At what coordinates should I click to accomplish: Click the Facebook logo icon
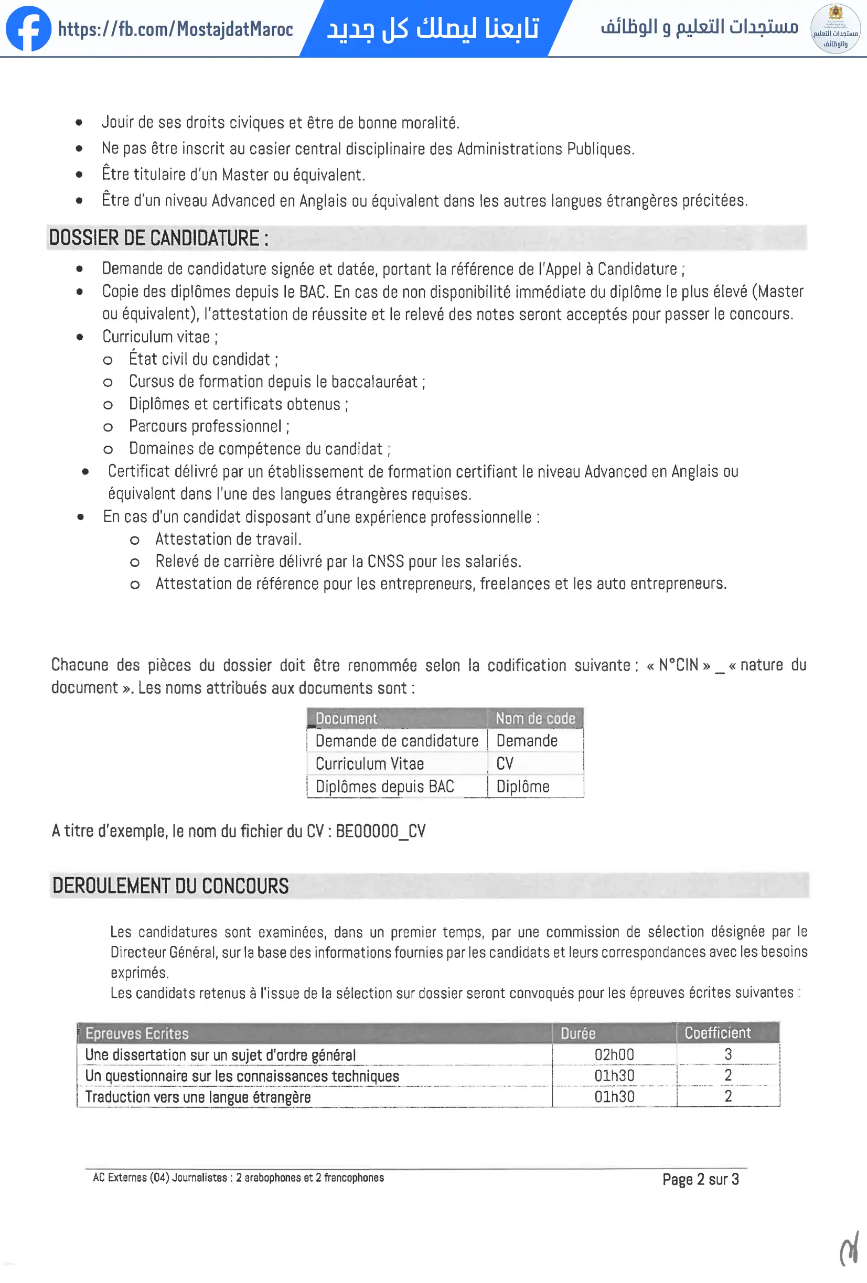pos(28,29)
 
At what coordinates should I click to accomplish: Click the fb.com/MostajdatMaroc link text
pos(175,29)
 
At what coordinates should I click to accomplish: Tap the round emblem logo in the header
pos(835,29)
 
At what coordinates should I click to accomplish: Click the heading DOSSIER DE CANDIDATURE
pos(158,238)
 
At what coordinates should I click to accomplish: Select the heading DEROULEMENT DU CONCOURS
pos(170,886)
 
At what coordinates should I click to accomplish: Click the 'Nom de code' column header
pos(534,718)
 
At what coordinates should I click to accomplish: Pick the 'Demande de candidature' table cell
pos(397,741)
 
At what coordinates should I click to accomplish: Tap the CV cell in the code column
pos(505,763)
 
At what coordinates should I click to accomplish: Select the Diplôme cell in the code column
pos(522,786)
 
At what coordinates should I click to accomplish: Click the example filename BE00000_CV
pos(380,831)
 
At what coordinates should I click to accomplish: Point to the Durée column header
pos(577,1033)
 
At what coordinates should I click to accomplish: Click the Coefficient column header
pos(718,1033)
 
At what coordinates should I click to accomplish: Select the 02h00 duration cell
pos(614,1054)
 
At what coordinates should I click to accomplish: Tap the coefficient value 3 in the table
pos(728,1054)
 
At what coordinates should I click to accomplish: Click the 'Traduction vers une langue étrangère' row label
pos(198,1097)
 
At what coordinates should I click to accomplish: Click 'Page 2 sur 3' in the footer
pos(700,1179)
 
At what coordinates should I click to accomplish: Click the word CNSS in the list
pos(386,562)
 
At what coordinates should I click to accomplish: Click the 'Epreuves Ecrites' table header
pos(137,1033)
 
